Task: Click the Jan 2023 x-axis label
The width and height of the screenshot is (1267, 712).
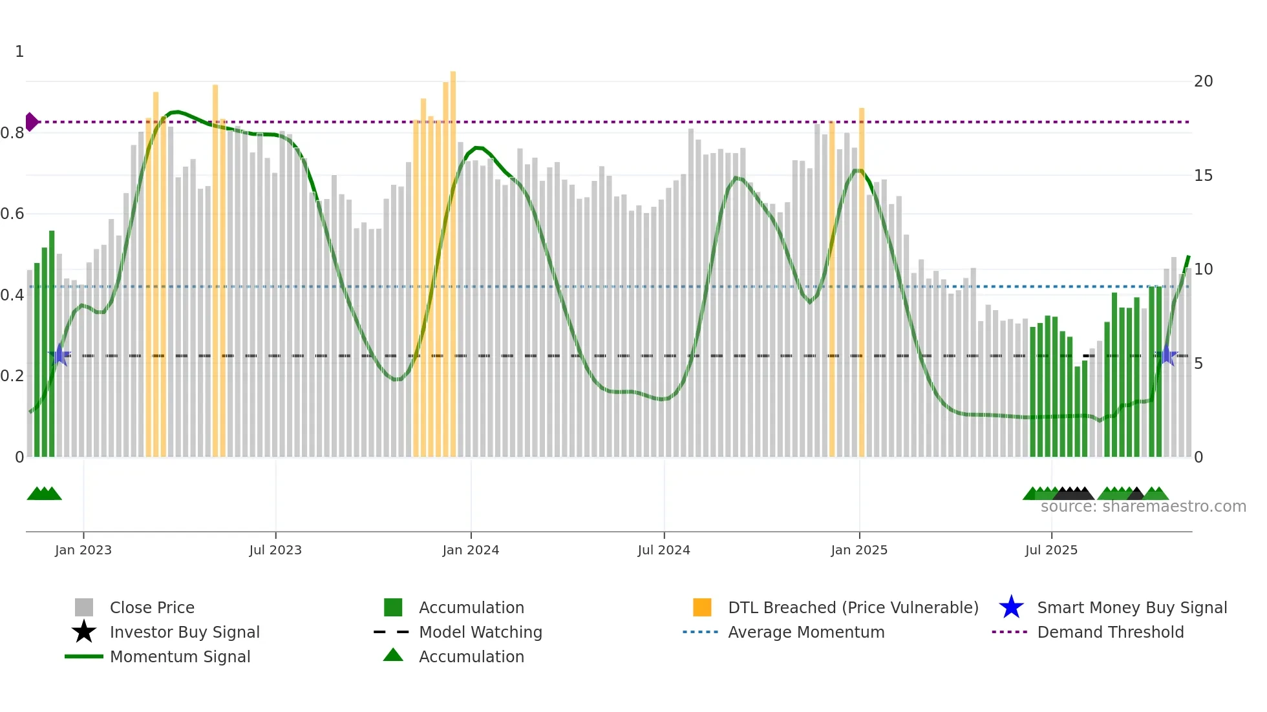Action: [83, 550]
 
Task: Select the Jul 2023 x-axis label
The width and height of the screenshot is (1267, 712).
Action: [275, 550]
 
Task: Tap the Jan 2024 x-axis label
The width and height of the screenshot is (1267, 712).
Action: [471, 550]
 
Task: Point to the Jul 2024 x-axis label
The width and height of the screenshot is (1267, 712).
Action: [664, 550]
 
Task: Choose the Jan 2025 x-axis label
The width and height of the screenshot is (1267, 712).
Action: [859, 550]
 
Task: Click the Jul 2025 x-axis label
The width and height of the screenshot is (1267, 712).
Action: [1051, 550]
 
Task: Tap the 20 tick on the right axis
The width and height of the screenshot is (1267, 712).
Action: [1203, 81]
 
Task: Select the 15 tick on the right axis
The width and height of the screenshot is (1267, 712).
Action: [1203, 176]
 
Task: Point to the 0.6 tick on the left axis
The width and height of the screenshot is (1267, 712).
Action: [12, 214]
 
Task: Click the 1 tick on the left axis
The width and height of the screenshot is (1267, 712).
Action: [19, 52]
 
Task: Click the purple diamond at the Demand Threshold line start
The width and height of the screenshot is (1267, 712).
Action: [31, 121]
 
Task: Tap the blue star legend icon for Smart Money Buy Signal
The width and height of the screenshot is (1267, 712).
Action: [1011, 607]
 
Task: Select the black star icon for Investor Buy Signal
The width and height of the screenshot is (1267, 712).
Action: [84, 632]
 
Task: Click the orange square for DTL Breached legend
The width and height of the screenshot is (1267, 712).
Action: [702, 607]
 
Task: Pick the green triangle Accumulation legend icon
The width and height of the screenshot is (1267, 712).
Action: [393, 655]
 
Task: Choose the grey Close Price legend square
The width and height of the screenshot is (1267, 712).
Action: [84, 607]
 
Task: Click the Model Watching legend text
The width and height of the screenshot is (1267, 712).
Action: [480, 632]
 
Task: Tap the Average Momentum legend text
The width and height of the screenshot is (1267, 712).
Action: [806, 632]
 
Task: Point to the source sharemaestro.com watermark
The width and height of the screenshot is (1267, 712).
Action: [1143, 507]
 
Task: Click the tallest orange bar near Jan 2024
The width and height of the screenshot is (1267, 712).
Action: [453, 258]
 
